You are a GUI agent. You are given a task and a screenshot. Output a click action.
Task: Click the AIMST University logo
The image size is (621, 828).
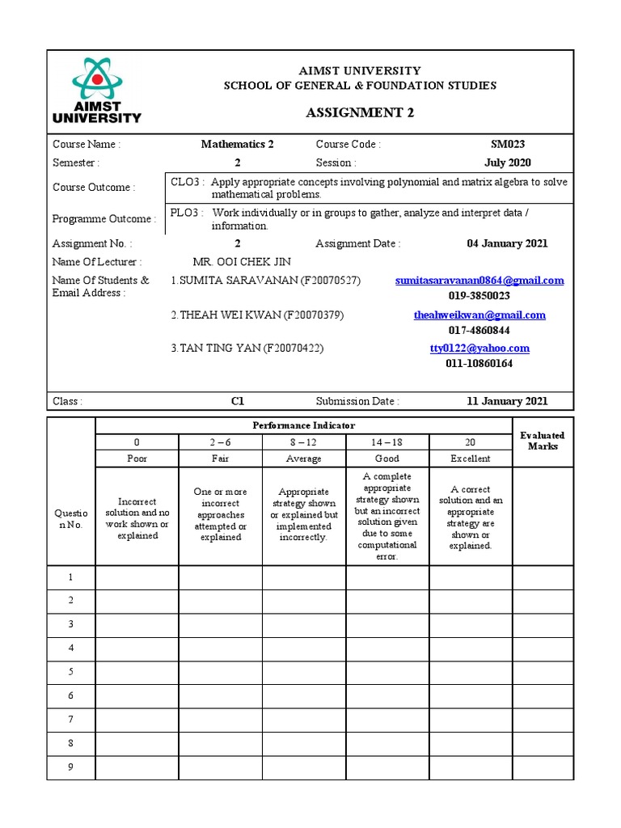[96, 91]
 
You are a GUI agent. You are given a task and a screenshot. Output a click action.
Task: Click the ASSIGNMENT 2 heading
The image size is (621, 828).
[360, 112]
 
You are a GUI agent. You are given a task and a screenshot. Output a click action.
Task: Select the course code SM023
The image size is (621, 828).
[507, 144]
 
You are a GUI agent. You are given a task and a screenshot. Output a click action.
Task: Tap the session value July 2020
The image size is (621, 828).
[507, 163]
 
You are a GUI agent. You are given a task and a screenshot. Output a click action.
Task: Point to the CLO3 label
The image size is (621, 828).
[187, 182]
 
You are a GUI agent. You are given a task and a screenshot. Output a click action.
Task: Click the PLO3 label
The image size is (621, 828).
[187, 213]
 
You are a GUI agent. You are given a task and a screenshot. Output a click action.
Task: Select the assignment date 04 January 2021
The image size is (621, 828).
[507, 243]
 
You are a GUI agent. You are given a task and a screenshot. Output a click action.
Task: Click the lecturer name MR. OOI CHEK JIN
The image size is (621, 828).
[242, 262]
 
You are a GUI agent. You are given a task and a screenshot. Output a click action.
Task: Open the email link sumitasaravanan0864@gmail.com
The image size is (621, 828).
[479, 281]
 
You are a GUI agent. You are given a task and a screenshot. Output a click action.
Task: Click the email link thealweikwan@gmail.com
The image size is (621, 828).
[479, 315]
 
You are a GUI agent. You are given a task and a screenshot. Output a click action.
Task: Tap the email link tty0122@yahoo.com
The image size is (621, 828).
[479, 349]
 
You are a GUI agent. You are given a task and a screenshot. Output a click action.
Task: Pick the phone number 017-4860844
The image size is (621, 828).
[479, 330]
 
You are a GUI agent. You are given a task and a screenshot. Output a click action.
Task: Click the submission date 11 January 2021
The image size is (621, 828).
[507, 400]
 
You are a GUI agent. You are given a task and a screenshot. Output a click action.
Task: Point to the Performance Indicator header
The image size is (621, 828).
[303, 425]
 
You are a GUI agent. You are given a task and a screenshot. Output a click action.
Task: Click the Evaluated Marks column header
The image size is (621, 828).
[543, 441]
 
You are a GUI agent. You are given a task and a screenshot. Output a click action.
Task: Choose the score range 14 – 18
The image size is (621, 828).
[387, 441]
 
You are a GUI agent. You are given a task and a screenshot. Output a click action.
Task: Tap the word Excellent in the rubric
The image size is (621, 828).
[471, 458]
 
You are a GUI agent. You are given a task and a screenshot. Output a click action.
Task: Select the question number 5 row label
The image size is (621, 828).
[70, 672]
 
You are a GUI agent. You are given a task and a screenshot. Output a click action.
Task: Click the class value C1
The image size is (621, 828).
[237, 400]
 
